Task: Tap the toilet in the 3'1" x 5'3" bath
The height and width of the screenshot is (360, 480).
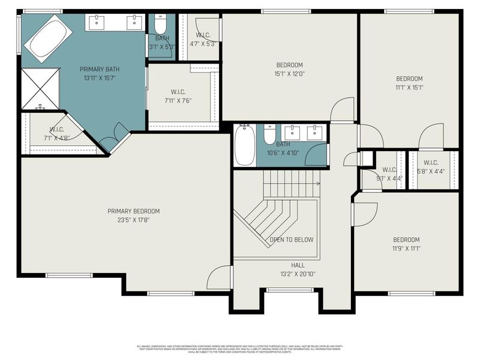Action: tap(160, 25)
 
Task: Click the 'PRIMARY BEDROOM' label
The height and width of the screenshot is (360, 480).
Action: tap(133, 211)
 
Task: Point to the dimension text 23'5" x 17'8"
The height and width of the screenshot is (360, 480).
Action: tap(133, 220)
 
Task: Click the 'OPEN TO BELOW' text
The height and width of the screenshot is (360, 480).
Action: tap(292, 240)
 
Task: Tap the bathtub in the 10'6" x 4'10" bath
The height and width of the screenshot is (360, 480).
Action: tap(245, 145)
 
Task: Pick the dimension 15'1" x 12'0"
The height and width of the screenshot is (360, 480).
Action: tap(289, 74)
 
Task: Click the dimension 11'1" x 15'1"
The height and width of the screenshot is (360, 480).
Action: tap(409, 88)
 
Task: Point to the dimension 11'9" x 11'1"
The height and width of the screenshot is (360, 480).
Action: tap(406, 248)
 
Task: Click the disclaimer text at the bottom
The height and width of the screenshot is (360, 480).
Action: tap(240, 348)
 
